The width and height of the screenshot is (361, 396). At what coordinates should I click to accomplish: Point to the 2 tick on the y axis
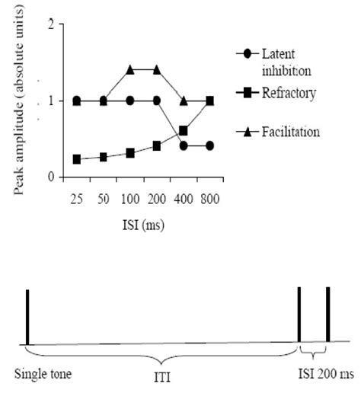pos(51,25)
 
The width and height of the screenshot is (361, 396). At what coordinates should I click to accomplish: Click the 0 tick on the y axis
pos(51,177)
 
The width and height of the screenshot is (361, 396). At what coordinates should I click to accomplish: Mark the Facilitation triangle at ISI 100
pos(130,70)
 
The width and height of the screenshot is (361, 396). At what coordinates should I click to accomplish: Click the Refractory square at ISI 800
pos(210,101)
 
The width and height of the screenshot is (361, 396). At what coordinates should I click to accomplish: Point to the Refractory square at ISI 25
pos(77,159)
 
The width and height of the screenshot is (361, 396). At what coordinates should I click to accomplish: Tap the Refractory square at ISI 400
pos(184,131)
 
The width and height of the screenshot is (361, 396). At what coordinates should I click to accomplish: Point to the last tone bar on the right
pos(327,315)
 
